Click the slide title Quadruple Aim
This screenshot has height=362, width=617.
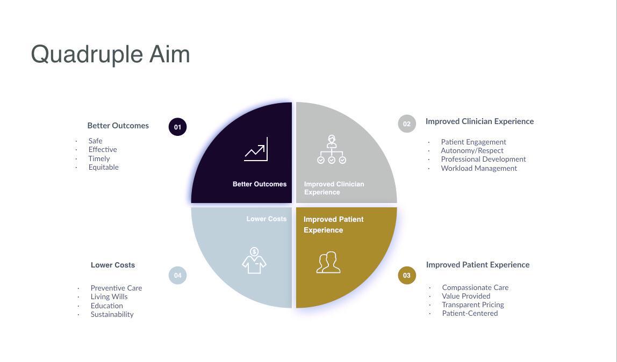coord(110,55)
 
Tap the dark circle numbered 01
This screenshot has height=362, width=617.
coord(177,127)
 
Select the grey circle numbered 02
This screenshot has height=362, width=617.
coord(407,124)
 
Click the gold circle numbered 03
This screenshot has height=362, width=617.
coord(407,275)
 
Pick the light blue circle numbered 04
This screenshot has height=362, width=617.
coord(177,275)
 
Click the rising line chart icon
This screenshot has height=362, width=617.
coord(256,149)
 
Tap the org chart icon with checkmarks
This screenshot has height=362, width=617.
coord(332,149)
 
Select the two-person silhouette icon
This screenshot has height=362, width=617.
coord(328,262)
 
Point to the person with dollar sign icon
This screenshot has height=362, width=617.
coord(254,260)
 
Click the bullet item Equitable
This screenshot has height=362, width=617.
coord(104,167)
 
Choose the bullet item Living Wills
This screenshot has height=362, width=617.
coord(109,296)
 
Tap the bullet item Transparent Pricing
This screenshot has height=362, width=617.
coord(473,305)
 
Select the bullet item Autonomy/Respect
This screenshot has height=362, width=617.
coord(472,150)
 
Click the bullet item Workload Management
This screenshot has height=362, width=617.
coord(479,168)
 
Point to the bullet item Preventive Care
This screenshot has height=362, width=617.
coord(116,288)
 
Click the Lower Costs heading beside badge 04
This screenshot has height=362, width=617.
coord(113,265)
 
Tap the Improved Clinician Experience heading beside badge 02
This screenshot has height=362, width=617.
coord(479,121)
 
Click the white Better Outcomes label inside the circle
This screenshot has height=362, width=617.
coord(260,184)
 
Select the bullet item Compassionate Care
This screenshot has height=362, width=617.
coord(475,287)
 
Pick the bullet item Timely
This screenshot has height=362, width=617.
coord(99,158)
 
